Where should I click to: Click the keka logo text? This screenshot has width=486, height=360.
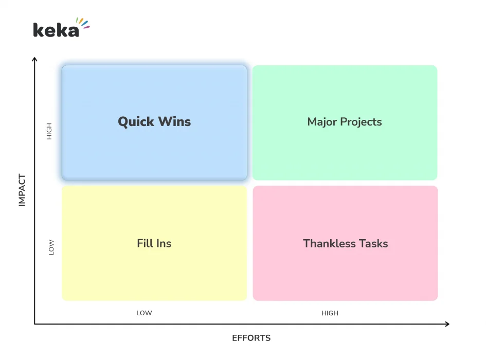point(56,30)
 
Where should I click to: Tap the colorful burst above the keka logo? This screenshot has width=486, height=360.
point(83,23)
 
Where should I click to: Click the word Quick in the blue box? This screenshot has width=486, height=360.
point(136,122)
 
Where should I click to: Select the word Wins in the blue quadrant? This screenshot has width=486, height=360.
point(174,122)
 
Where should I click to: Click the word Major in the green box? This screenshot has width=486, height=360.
point(322,122)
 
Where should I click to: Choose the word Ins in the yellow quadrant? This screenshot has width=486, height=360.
point(164,243)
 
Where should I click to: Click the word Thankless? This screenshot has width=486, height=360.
point(327,243)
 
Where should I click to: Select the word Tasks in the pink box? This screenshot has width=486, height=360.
point(371,243)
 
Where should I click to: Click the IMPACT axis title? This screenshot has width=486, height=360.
point(22,190)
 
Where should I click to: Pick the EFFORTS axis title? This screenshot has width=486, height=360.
point(251,338)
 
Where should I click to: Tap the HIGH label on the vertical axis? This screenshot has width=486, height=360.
point(49,132)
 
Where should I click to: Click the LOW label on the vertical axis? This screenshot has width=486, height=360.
point(51,248)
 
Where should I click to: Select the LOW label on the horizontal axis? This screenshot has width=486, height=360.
point(144,313)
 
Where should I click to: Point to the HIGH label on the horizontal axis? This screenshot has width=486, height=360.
point(330,313)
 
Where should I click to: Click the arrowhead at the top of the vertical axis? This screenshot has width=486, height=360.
point(35,59)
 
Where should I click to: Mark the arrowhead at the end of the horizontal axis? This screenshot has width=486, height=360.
point(447,324)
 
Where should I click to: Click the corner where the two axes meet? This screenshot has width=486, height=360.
point(35,324)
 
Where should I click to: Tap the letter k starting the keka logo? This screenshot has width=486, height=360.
point(38,30)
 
